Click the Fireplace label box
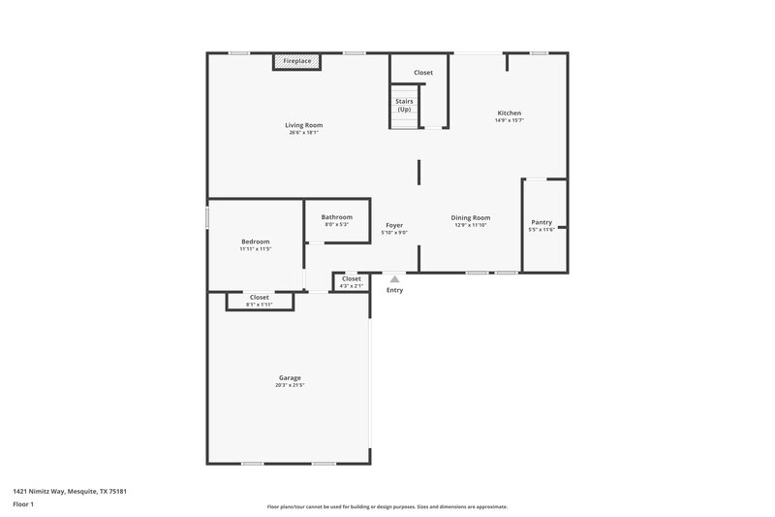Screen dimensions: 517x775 tap(296, 61)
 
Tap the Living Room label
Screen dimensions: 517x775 tap(303, 125)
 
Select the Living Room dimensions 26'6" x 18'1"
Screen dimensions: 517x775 tap(303, 133)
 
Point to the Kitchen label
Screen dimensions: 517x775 tap(510, 113)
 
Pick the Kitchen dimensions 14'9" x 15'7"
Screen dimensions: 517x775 tap(510, 120)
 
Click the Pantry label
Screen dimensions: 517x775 tap(541, 222)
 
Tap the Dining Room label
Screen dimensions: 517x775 tap(471, 217)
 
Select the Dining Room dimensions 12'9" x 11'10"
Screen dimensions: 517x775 tap(471, 225)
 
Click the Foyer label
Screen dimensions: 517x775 tap(394, 225)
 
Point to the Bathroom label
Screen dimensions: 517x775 tap(336, 216)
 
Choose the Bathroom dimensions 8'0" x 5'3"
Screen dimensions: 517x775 tap(336, 224)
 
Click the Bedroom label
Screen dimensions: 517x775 tap(256, 242)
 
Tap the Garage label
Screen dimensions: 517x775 tap(290, 377)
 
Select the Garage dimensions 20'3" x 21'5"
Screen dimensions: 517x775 tap(290, 385)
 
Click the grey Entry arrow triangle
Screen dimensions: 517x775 tap(393, 279)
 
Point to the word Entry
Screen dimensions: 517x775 tap(394, 290)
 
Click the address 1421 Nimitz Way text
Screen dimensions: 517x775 tap(70, 492)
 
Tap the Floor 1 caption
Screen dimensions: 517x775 tap(24, 505)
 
